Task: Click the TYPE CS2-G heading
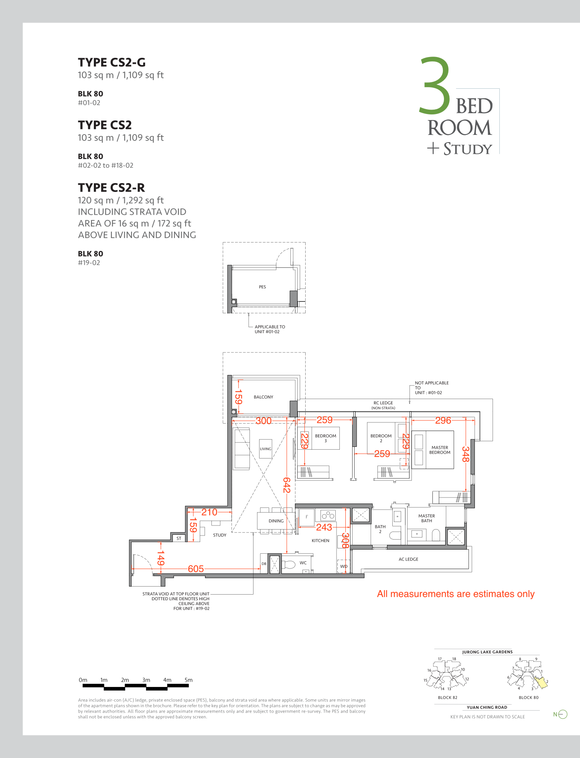pyautogui.click(x=112, y=63)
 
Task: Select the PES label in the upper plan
pyautogui.click(x=262, y=287)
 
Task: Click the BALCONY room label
pyautogui.click(x=264, y=397)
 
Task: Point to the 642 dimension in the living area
pyautogui.click(x=286, y=485)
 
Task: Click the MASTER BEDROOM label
pyautogui.click(x=440, y=450)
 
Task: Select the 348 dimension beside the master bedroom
pyautogui.click(x=465, y=454)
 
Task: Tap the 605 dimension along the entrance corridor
pyautogui.click(x=196, y=569)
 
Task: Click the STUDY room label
pyautogui.click(x=220, y=535)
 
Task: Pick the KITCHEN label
pyautogui.click(x=320, y=541)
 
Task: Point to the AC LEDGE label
pyautogui.click(x=408, y=559)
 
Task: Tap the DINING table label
pyautogui.click(x=276, y=521)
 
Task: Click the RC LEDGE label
pyautogui.click(x=383, y=403)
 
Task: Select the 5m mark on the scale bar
pyautogui.click(x=189, y=680)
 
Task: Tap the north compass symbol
pyautogui.click(x=563, y=714)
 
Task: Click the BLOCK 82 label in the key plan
pyautogui.click(x=448, y=698)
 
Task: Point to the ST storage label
pyautogui.click(x=179, y=538)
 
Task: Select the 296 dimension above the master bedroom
pyautogui.click(x=443, y=420)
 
